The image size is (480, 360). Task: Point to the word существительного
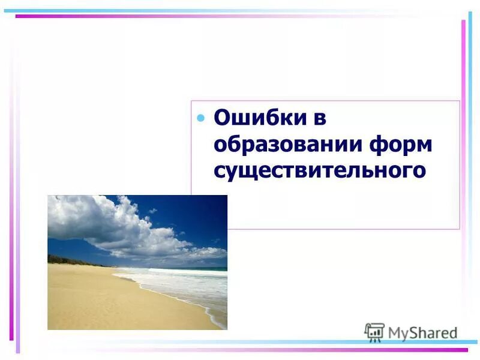click(320, 170)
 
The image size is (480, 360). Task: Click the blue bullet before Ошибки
click(201, 117)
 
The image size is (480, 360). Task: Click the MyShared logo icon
click(374, 332)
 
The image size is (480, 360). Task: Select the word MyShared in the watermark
click(422, 333)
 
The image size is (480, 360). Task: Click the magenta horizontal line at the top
click(210, 16)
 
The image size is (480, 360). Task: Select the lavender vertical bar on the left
click(17, 210)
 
